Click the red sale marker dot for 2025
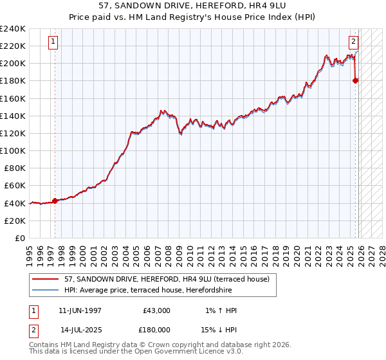coord(356,80)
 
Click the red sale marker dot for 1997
coord(55,201)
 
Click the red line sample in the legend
coord(46,278)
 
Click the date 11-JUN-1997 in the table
coord(80,310)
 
